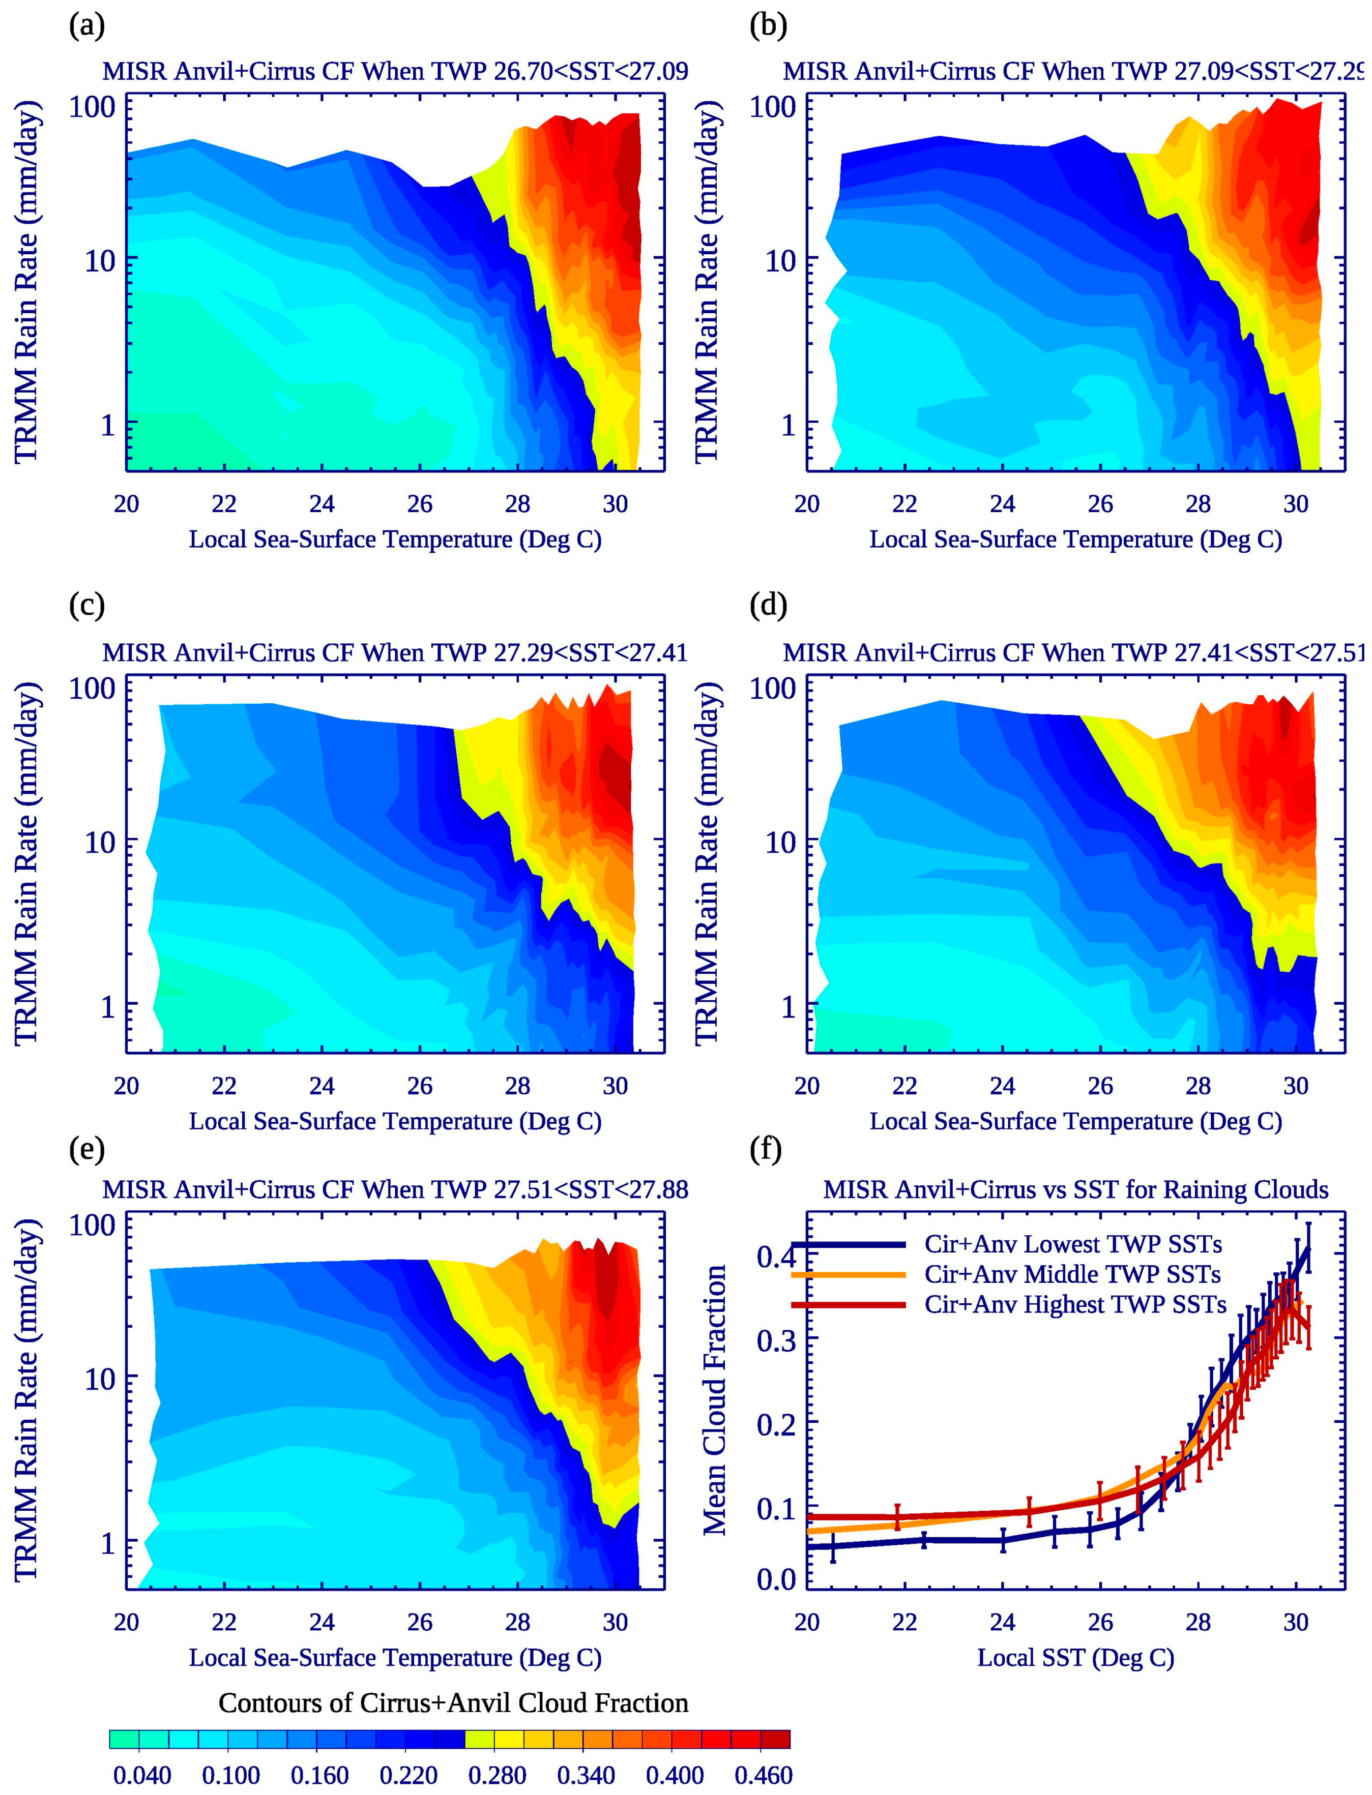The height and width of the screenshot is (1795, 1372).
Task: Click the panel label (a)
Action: (x=86, y=27)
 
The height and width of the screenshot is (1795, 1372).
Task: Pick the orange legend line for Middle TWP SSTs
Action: (x=850, y=1274)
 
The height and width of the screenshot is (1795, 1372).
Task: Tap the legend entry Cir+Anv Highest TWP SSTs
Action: (x=1075, y=1304)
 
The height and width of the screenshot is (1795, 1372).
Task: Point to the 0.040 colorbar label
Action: (x=141, y=1775)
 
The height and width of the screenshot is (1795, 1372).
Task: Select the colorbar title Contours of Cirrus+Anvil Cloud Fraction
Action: (x=453, y=1703)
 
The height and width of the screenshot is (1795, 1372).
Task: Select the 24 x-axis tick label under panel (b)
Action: (x=1002, y=503)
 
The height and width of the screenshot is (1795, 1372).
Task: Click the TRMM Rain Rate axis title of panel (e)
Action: (x=27, y=1401)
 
